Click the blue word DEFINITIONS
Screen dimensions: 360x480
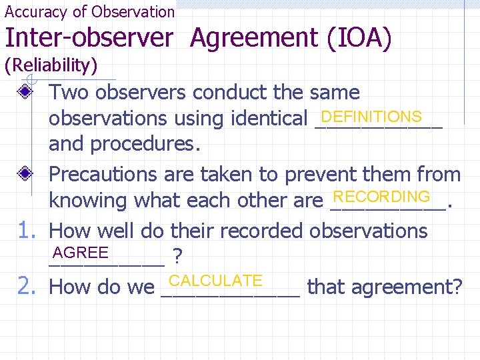tap(376, 117)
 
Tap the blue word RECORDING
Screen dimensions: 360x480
tap(381, 197)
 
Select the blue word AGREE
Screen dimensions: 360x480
tap(81, 253)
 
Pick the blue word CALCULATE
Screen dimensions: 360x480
tap(216, 281)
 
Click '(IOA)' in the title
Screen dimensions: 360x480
tap(359, 39)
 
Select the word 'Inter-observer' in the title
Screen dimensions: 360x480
tap(89, 39)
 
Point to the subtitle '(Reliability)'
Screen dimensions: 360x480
tap(51, 65)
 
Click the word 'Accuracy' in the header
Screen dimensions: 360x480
tap(36, 11)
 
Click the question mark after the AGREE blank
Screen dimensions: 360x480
tap(177, 256)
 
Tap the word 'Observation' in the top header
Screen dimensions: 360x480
tap(133, 11)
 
